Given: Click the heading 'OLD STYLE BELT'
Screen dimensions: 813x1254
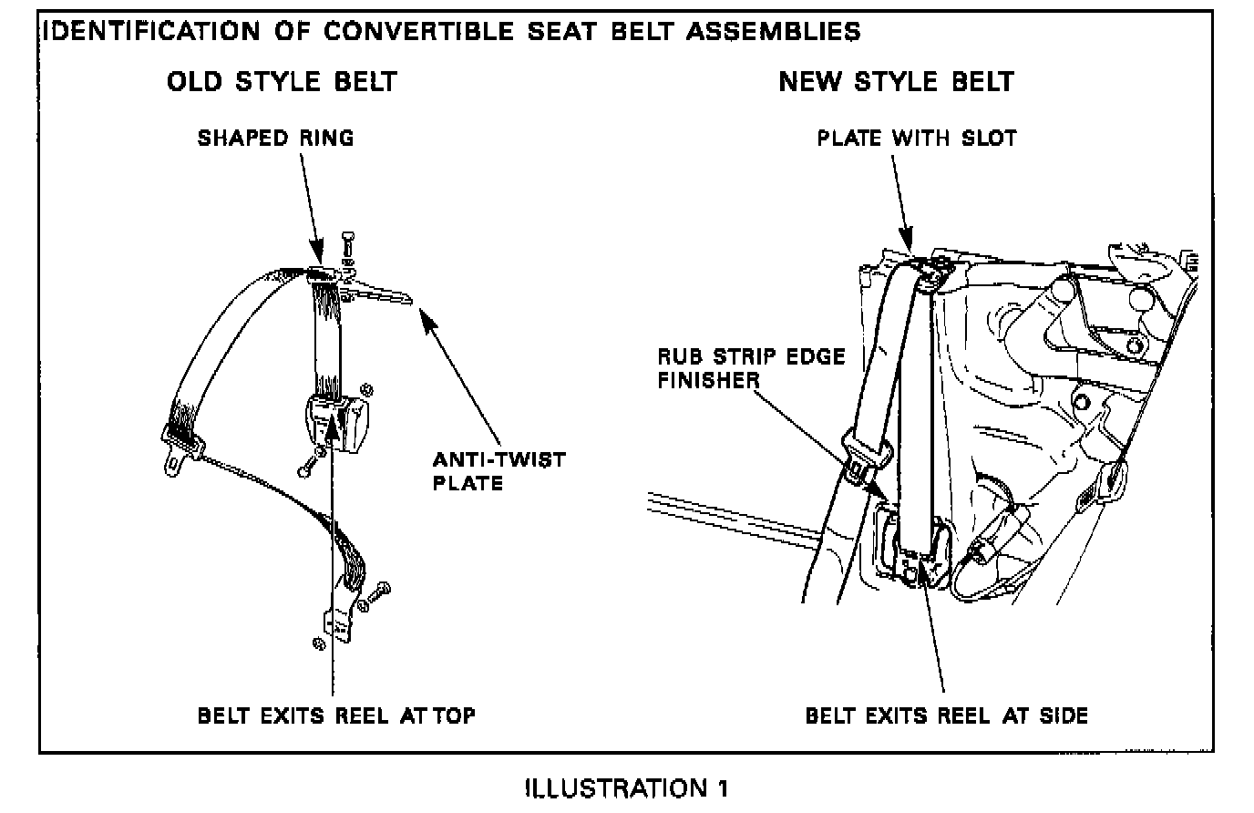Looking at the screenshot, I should coord(282,81).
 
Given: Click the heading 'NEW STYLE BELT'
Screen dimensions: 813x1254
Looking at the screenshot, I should coord(896,81).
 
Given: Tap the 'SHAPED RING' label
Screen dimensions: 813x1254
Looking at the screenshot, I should coord(275,138).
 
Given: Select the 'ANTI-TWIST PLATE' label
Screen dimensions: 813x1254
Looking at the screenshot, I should coord(499,469).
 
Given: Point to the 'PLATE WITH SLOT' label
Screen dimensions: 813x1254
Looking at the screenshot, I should coord(916,138).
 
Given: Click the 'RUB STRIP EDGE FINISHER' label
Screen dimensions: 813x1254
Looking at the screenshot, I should coord(751,367).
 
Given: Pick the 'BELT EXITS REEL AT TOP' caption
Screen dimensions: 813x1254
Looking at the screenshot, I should coord(336,715).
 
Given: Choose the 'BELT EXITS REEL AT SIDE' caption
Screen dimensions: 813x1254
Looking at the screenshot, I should coord(946,715).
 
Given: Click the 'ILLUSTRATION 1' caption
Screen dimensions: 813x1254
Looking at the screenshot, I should coord(626,787).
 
